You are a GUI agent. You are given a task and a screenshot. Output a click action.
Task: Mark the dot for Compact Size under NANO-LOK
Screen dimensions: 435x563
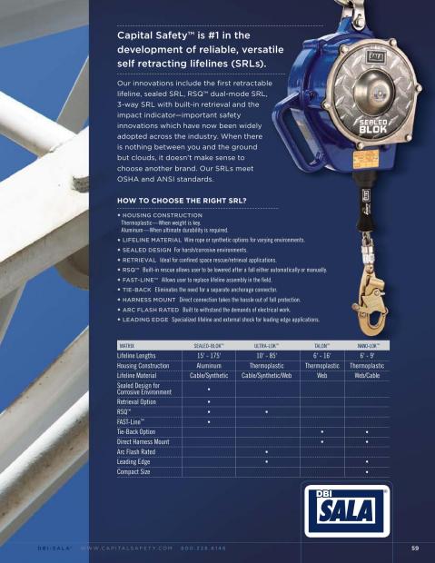(x=367, y=472)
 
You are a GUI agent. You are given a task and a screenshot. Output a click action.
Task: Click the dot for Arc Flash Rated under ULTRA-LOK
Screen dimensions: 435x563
(x=266, y=451)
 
